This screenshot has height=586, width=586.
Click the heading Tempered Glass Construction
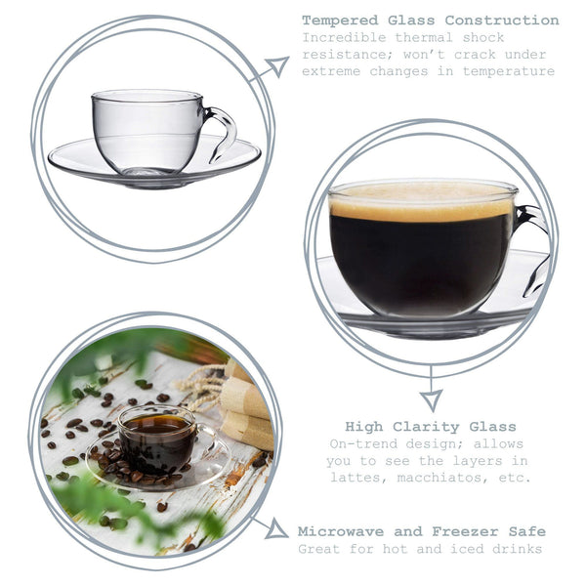pos(430,21)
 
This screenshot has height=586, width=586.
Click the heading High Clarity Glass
pos(430,427)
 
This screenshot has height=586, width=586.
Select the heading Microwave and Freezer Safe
pos(421,531)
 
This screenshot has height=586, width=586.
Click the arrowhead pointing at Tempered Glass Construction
pos(277,66)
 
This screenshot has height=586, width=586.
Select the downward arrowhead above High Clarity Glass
pos(430,400)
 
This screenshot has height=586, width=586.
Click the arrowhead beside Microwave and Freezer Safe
pos(277,530)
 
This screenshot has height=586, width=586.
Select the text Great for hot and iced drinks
pos(421,549)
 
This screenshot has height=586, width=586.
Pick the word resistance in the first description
pos(345,54)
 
